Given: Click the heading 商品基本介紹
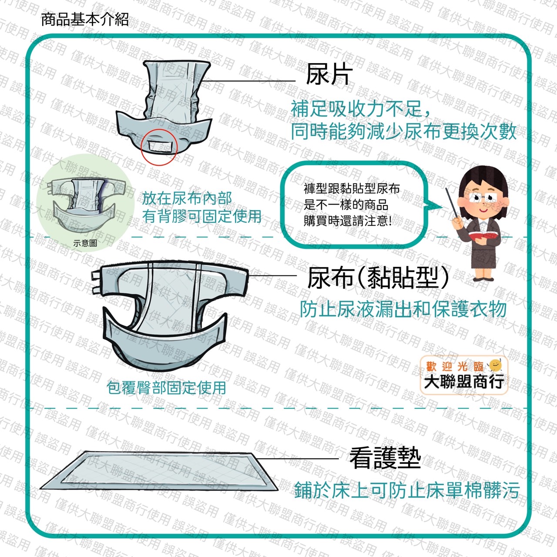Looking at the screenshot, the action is pos(85,20).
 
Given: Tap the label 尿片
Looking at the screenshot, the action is pos(329,74).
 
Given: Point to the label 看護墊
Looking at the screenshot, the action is pos(385,458).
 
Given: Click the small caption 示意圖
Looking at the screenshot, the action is pos(85,243).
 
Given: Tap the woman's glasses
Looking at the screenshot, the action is pos(482,198).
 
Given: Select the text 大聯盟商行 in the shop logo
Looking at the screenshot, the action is pos(463,381).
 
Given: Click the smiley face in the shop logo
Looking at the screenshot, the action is pos(495,366).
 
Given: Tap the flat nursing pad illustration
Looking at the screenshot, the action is pos(159,471).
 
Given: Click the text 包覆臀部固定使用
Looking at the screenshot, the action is pos(166,388).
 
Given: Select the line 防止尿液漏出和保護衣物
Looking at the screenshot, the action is pos(403,309).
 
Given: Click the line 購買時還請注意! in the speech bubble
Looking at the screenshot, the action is pos(348,221).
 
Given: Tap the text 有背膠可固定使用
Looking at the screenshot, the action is pos(201,217).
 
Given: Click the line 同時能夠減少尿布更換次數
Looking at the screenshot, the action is pos(403,132).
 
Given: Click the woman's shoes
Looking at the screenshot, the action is pos(483,279).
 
